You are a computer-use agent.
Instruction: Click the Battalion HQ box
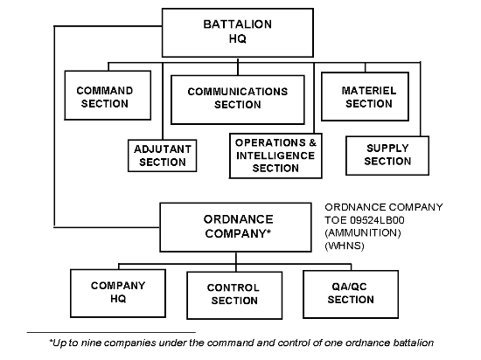tap(238, 33)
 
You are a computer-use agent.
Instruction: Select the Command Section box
tap(108, 95)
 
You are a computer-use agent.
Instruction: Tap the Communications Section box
tap(238, 100)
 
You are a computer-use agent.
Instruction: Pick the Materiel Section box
tap(365, 96)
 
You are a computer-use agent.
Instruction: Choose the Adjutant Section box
tap(163, 156)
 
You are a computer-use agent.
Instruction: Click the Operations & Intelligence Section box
tap(275, 156)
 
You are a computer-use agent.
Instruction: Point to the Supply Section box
tap(387, 156)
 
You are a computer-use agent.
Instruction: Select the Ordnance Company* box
tap(235, 227)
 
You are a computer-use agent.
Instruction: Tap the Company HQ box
tap(118, 294)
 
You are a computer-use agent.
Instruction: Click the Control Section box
tap(234, 295)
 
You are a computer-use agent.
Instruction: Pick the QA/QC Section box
tap(351, 294)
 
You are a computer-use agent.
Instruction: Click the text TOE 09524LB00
tap(365, 220)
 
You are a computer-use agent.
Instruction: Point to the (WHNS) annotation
tap(345, 246)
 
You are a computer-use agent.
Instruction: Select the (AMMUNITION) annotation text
tap(363, 232)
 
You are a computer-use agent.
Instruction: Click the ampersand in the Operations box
tap(312, 142)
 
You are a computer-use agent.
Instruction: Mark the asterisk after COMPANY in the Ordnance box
tap(268, 231)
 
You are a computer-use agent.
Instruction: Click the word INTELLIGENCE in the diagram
tap(275, 156)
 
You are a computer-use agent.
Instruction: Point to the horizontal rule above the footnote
tap(111, 332)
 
